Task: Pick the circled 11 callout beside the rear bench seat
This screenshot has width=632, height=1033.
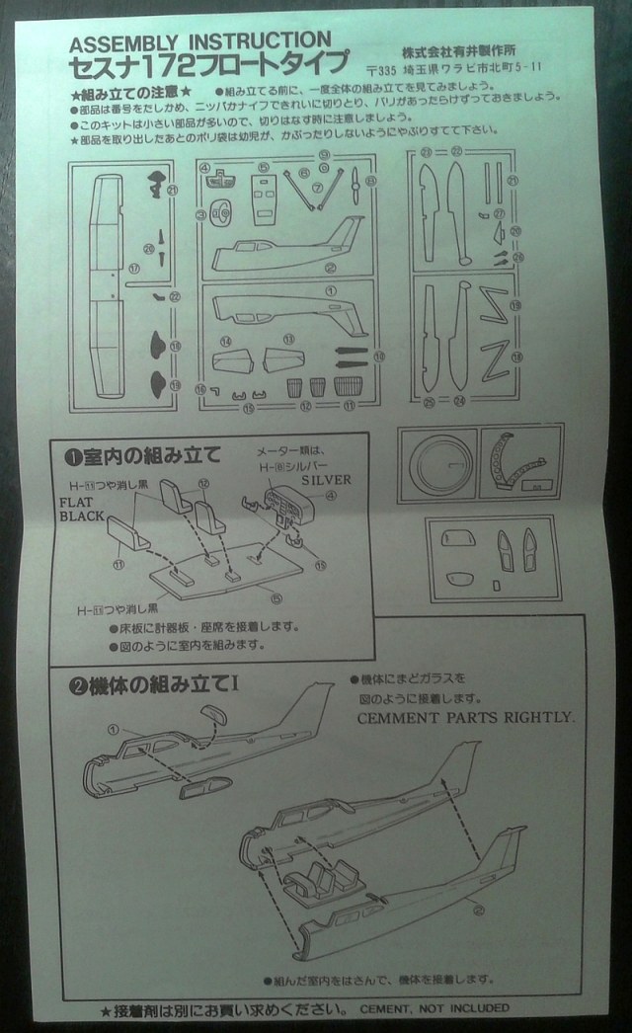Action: [118, 565]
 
